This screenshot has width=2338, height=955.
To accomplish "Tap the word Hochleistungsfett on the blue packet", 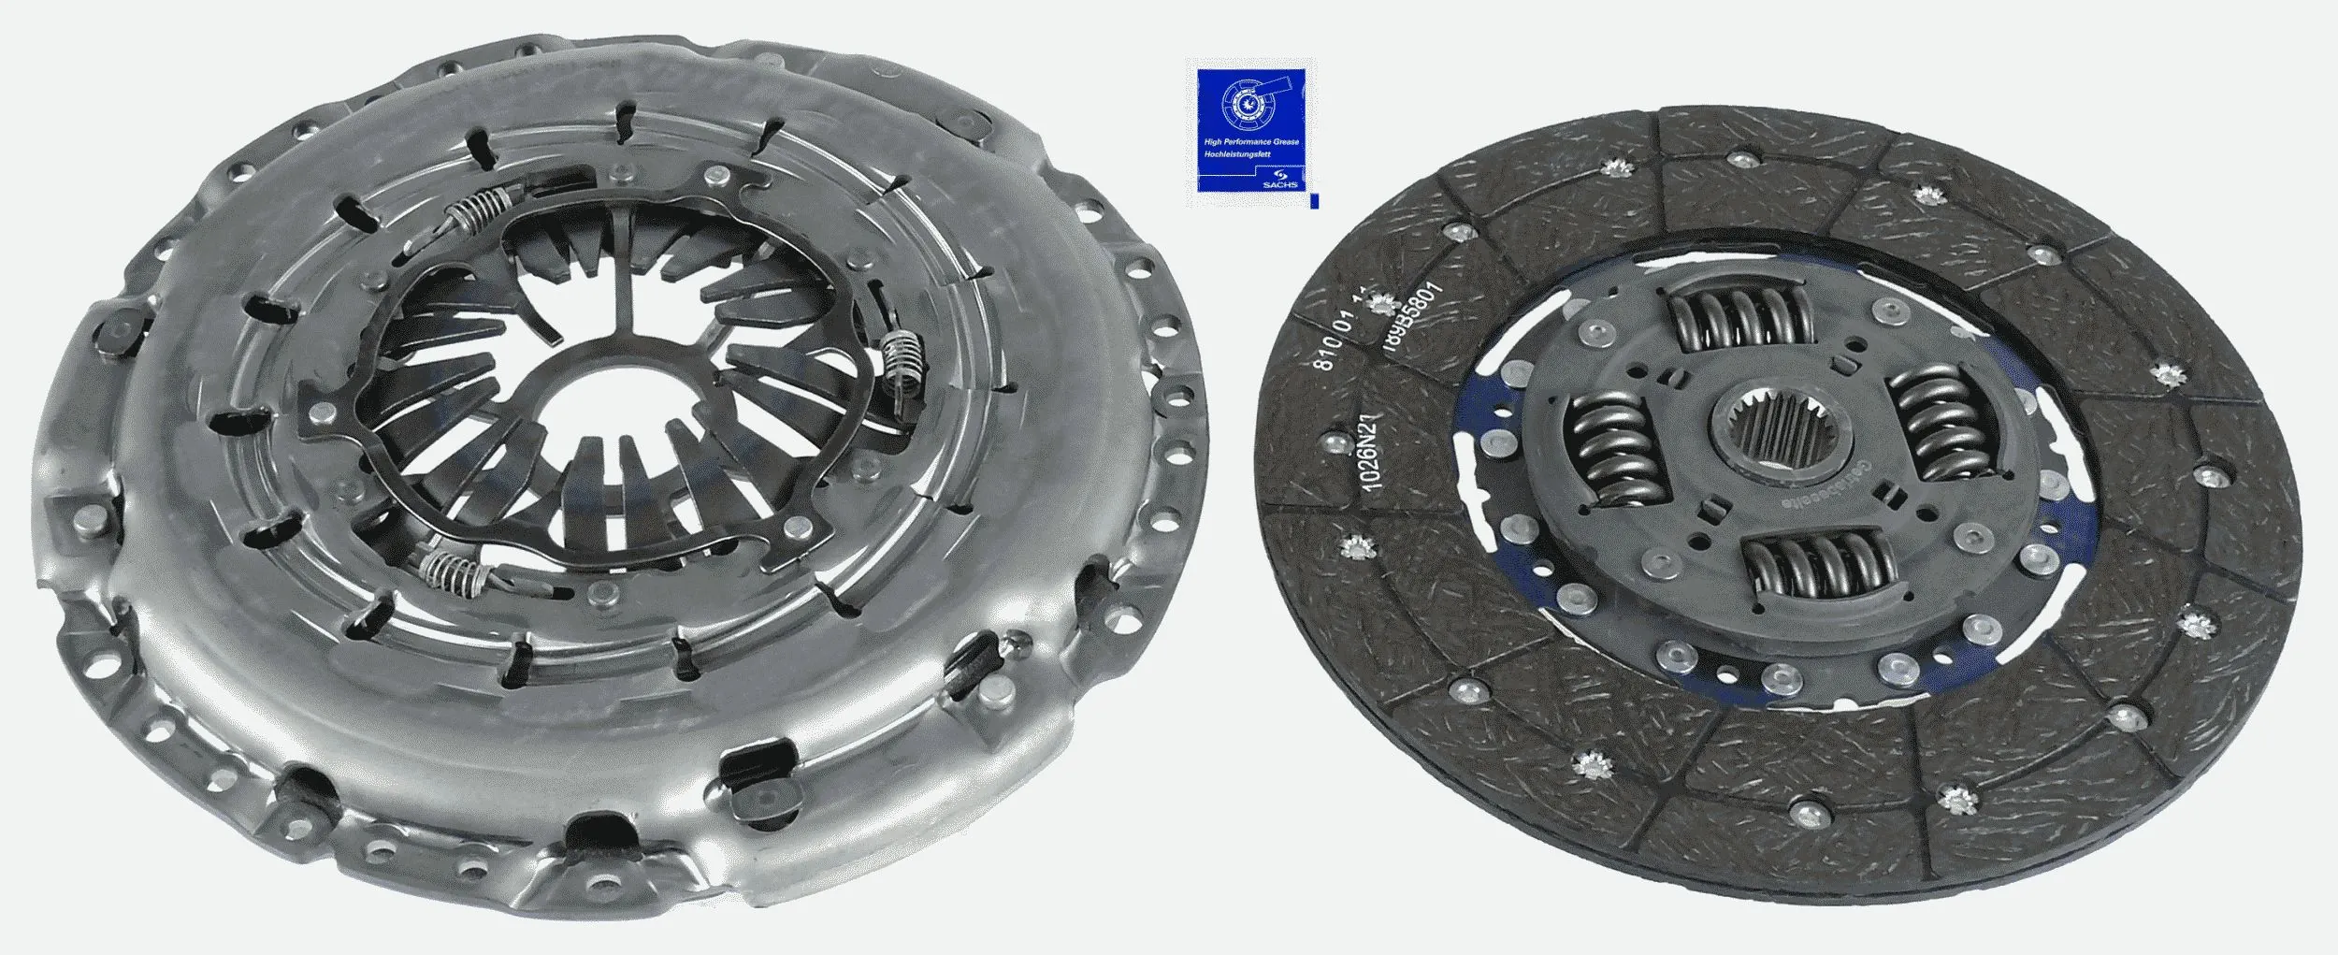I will click(x=1237, y=152).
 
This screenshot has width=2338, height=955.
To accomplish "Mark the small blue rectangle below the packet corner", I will click(x=1315, y=201).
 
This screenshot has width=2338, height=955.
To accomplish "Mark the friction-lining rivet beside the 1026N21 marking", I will click(x=1330, y=439).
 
